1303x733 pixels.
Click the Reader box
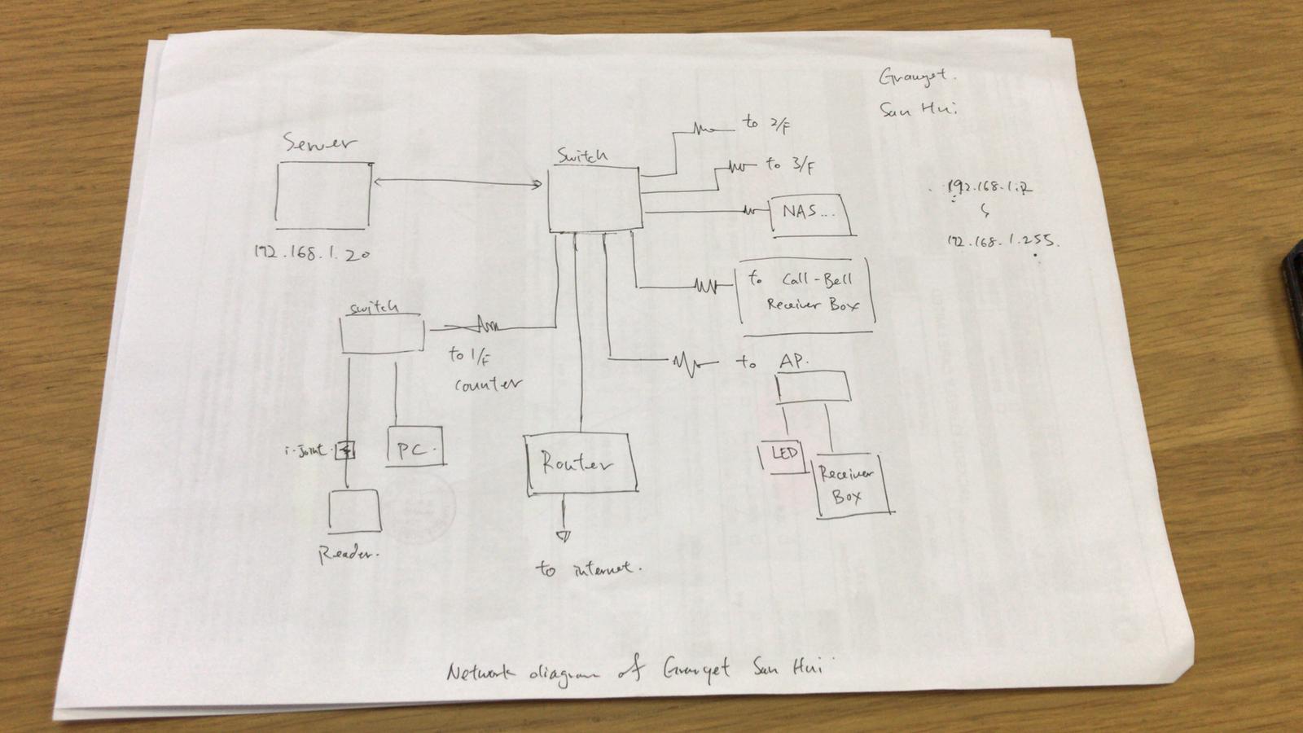pos(354,511)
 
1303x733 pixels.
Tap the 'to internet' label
pos(588,568)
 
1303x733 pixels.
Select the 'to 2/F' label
pos(766,124)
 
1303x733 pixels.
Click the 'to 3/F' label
pos(789,165)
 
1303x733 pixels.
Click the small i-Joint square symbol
pos(346,450)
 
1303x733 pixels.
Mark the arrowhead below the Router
pos(562,536)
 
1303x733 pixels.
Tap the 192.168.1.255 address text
pos(1002,241)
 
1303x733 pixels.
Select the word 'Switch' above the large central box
pos(581,155)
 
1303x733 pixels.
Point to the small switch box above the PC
pos(382,335)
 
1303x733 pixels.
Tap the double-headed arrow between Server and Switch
pos(456,182)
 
